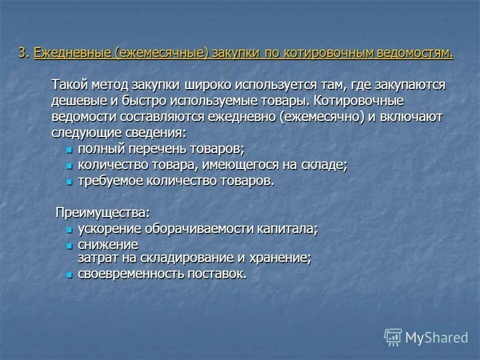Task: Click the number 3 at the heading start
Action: click(x=22, y=53)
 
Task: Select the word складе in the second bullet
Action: click(x=323, y=165)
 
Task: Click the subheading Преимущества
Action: click(x=102, y=212)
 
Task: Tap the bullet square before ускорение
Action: click(x=69, y=230)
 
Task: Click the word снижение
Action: click(x=108, y=245)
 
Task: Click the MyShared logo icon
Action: click(x=392, y=337)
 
